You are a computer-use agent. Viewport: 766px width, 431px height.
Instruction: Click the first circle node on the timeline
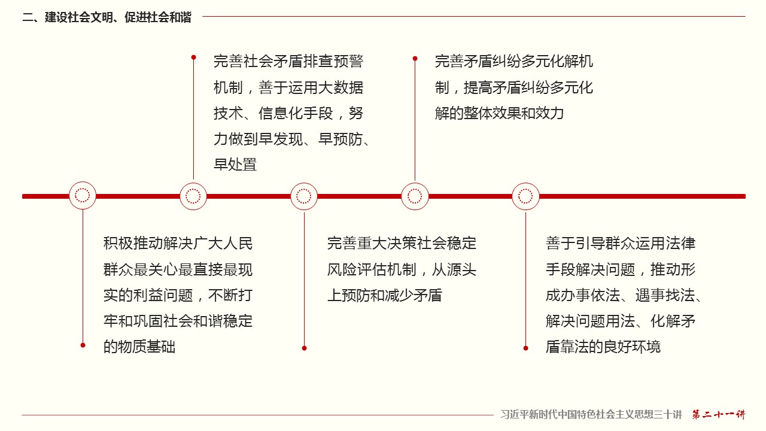[x=83, y=196]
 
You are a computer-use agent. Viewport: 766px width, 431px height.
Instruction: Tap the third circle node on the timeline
[x=304, y=196]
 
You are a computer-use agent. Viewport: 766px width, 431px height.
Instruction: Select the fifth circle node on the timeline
[x=525, y=196]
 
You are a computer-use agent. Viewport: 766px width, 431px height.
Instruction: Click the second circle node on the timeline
[x=193, y=196]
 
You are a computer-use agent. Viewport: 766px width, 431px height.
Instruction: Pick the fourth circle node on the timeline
[x=415, y=196]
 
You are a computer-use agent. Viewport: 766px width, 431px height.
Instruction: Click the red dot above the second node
[x=193, y=57]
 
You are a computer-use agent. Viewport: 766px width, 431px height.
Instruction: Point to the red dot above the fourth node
[x=415, y=59]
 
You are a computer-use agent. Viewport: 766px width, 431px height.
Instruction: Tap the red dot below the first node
[x=83, y=345]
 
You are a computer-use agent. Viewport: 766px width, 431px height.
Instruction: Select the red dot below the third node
[x=305, y=348]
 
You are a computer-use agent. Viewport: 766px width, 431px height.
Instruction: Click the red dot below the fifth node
[x=525, y=348]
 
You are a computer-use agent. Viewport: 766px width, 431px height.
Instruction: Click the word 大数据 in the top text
[x=341, y=87]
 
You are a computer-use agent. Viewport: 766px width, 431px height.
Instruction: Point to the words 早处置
[x=235, y=165]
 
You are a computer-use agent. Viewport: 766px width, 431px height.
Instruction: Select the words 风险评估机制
[x=372, y=269]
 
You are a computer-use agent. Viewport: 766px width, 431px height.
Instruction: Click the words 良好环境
[x=631, y=347]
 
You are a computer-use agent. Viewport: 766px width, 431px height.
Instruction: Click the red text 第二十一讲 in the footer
[x=719, y=414]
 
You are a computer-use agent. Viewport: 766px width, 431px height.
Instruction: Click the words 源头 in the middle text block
[x=461, y=269]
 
